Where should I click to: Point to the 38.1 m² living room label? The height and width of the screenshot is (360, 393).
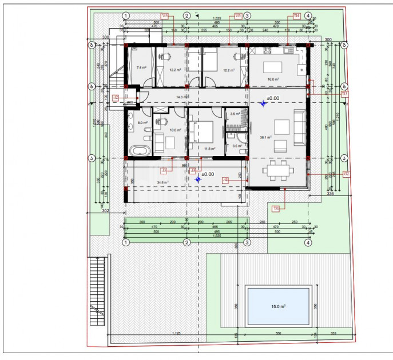[x=265, y=137]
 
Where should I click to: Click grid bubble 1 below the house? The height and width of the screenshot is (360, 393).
[x=125, y=242]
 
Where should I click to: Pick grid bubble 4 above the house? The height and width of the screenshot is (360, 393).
[x=308, y=16]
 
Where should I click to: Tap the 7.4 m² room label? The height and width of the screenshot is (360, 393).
[x=141, y=67]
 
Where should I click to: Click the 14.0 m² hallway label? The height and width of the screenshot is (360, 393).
[x=181, y=98]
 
